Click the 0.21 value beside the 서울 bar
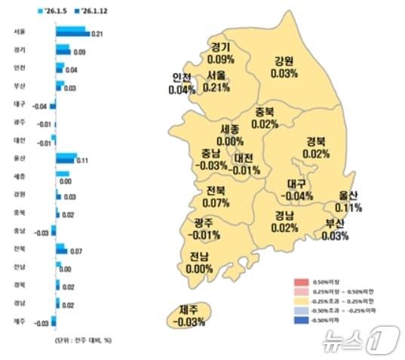(96, 35)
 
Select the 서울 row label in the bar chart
(19, 32)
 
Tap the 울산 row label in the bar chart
(19, 158)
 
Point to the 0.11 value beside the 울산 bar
(84, 162)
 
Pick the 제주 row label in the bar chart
(19, 322)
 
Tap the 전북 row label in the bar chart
(19, 249)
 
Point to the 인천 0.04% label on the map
(182, 84)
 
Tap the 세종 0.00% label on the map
(230, 135)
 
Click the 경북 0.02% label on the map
(316, 147)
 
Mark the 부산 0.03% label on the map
(334, 229)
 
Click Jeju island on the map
(188, 316)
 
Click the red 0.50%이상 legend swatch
(299, 282)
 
